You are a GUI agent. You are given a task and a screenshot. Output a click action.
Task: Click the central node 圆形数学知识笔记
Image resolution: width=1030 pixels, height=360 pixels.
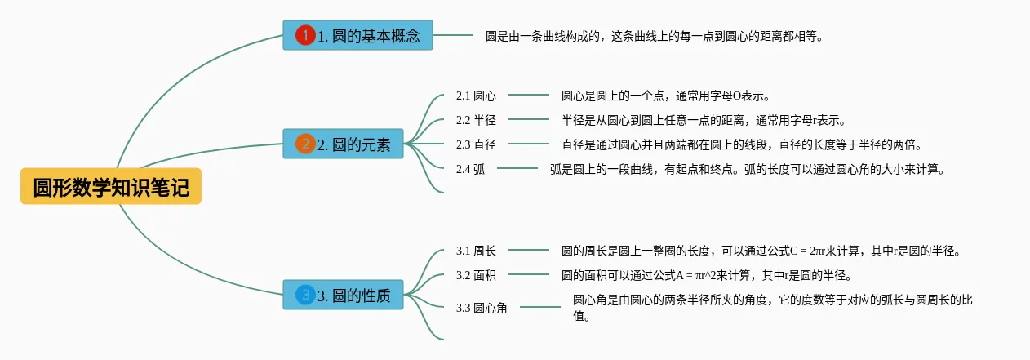tap(111, 188)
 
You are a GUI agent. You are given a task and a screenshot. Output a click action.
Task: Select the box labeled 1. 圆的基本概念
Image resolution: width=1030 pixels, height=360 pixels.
tap(357, 36)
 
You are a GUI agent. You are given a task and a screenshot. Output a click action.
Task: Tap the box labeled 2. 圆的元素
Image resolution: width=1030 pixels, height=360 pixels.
tap(343, 144)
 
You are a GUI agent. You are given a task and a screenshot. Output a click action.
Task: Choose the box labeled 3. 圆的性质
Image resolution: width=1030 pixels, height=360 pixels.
tap(343, 295)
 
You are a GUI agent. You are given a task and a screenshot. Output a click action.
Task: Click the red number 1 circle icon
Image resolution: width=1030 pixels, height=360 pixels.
tap(304, 36)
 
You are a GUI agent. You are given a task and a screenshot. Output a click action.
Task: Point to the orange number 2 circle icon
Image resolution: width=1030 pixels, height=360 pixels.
tap(304, 144)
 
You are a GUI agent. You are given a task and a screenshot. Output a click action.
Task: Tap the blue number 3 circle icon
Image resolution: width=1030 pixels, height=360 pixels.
tap(304, 295)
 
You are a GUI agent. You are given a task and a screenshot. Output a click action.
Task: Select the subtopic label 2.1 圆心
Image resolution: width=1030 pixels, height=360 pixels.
tap(476, 96)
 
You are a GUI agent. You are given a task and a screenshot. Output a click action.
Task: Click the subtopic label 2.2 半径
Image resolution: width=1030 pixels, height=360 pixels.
tap(476, 121)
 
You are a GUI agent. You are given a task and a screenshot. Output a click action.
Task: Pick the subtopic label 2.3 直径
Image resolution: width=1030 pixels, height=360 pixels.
tap(476, 144)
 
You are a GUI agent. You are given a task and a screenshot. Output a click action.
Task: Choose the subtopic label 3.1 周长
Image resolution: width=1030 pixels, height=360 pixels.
tap(476, 251)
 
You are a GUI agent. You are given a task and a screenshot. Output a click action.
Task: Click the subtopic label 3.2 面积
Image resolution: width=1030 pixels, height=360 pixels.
tap(476, 275)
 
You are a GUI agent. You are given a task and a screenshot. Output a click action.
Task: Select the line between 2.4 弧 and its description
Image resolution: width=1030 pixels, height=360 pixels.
tap(517, 169)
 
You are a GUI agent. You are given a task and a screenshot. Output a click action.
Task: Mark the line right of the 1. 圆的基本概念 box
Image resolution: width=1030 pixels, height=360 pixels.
tap(453, 36)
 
